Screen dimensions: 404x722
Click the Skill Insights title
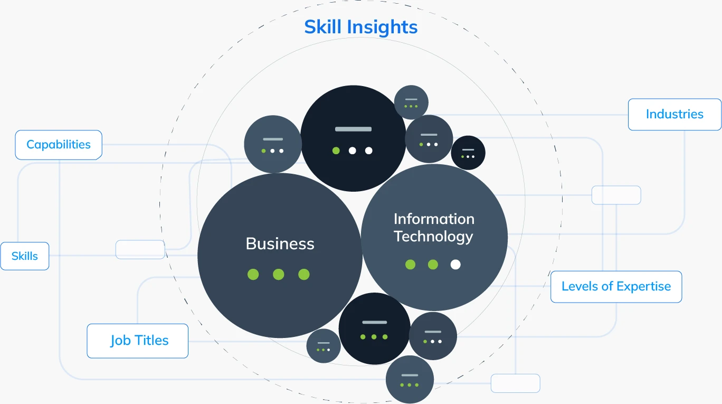[x=360, y=27]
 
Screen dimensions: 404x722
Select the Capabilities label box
[x=59, y=145]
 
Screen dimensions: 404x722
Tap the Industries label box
[x=674, y=114]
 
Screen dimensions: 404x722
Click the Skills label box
[x=25, y=256]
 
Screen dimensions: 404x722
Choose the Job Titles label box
[x=138, y=341]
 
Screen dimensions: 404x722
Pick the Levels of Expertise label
[x=616, y=287]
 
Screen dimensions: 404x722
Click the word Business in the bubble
[x=280, y=243]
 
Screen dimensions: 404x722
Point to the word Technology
[x=433, y=236]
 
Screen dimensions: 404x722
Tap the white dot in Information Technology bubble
[x=455, y=265]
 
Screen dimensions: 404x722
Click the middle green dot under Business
[x=278, y=274]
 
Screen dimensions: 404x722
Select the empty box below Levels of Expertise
[x=515, y=383]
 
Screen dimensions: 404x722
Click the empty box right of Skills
[x=140, y=249]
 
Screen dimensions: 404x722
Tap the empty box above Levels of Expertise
[x=616, y=195]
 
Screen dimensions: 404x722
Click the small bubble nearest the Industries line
[x=411, y=102]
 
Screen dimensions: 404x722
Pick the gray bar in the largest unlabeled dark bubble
[x=353, y=129]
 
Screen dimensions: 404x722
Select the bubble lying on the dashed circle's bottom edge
[x=410, y=379]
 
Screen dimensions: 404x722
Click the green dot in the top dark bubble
[x=336, y=151]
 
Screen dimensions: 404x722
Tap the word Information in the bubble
[x=434, y=219]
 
